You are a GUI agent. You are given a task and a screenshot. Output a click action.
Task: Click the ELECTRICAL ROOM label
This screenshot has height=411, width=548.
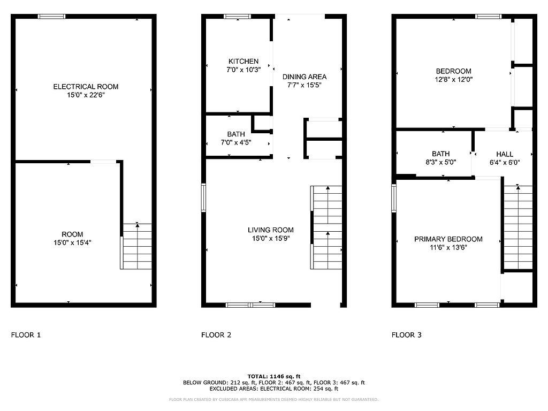click(x=86, y=87)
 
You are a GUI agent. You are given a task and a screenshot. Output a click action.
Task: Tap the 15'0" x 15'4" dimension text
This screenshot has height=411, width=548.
click(x=72, y=242)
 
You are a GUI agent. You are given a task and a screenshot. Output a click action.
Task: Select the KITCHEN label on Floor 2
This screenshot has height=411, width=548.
click(x=243, y=61)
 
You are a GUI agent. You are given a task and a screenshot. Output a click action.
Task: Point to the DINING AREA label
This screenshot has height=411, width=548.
click(x=305, y=77)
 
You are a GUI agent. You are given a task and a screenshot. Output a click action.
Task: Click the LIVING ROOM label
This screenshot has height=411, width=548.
click(x=271, y=230)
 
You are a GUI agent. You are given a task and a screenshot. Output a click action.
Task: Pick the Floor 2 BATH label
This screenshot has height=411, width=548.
click(x=236, y=134)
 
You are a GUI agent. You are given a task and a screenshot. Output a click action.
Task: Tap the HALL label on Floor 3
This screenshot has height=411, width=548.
click(x=505, y=154)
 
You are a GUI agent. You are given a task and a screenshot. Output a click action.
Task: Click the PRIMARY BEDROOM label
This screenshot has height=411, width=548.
click(x=448, y=239)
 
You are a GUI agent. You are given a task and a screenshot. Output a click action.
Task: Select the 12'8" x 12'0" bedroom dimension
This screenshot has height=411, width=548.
click(x=454, y=79)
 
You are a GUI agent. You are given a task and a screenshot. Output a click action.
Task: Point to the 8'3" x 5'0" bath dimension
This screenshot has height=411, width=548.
click(x=441, y=162)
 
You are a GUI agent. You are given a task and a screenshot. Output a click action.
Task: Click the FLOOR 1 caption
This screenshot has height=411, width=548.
click(x=26, y=335)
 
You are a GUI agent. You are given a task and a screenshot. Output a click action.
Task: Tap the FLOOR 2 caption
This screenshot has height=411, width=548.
click(x=216, y=335)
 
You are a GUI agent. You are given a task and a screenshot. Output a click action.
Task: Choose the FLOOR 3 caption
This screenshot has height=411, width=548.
click(x=407, y=335)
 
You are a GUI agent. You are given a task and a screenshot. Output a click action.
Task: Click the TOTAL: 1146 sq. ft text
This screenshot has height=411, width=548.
click(x=274, y=376)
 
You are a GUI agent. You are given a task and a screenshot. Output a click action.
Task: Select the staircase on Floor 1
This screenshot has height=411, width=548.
click(x=136, y=246)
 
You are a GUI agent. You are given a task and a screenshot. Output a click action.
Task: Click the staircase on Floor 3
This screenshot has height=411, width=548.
click(x=518, y=227)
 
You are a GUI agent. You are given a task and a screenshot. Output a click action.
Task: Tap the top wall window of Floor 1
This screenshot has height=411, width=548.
click(x=52, y=17)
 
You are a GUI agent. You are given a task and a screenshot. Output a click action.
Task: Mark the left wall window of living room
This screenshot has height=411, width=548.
click(x=203, y=198)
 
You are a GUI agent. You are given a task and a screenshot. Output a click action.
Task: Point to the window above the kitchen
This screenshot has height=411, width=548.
click(x=237, y=17)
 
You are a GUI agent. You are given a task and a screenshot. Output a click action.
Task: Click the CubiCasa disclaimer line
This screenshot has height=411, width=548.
click(x=273, y=399)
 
